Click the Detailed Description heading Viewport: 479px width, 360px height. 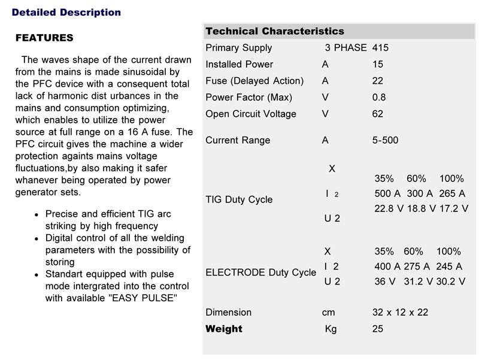pos(66,12)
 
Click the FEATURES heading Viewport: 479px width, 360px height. pos(44,38)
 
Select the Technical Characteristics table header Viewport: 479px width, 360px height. pos(274,31)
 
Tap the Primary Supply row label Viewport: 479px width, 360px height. pos(238,48)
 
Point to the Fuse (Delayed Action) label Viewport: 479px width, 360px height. pos(254,81)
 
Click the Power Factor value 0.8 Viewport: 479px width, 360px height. pos(378,97)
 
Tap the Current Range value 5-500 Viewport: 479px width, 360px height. pos(385,140)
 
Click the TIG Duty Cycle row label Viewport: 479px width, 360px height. pos(238,199)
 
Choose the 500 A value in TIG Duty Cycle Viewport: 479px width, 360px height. pos(387,193)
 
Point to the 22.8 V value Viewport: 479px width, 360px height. pos(388,208)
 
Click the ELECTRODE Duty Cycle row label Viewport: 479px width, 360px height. pos(260,272)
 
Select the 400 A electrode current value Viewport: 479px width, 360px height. pos(387,266)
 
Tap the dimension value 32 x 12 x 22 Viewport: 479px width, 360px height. pos(400,312)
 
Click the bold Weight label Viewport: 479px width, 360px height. pos(223,329)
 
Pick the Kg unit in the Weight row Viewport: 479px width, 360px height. pos(331,329)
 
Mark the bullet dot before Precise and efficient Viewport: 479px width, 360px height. pos(37,214)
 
